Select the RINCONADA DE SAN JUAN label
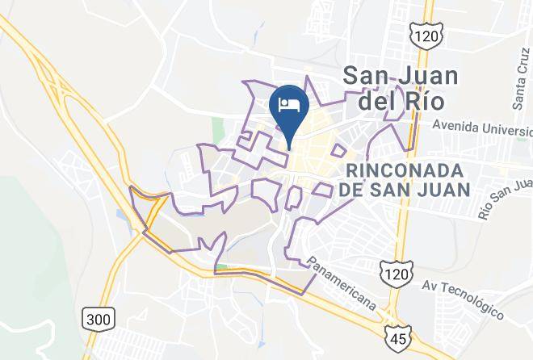click(x=406, y=180)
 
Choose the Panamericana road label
click(x=342, y=283)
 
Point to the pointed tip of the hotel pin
click(x=289, y=148)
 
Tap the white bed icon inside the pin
click(x=289, y=104)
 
